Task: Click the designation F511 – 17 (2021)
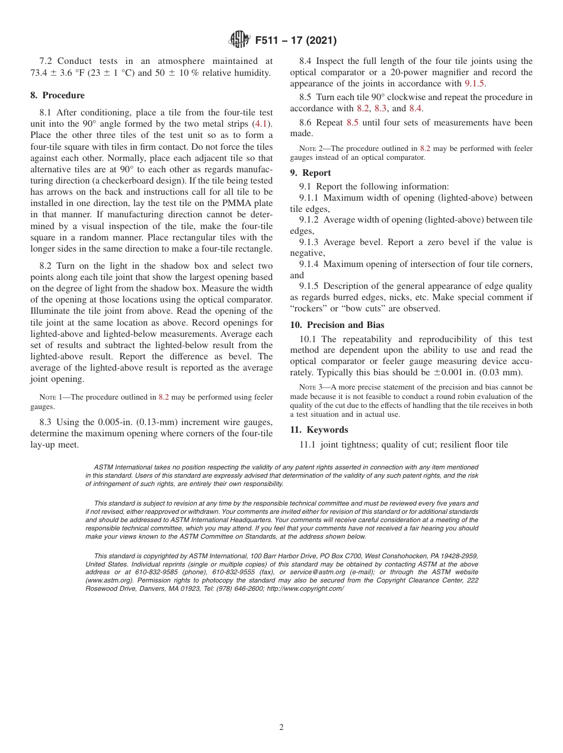pyautogui.click(x=296, y=41)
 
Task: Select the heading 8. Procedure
pyautogui.click(x=57, y=95)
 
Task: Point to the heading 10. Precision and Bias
pyautogui.click(x=337, y=324)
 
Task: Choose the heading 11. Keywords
pyautogui.click(x=319, y=430)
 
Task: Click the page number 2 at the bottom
pyautogui.click(x=281, y=728)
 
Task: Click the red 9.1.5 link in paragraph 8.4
pyautogui.click(x=474, y=83)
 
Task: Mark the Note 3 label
pyautogui.click(x=310, y=388)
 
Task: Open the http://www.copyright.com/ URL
pyautogui.click(x=305, y=588)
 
